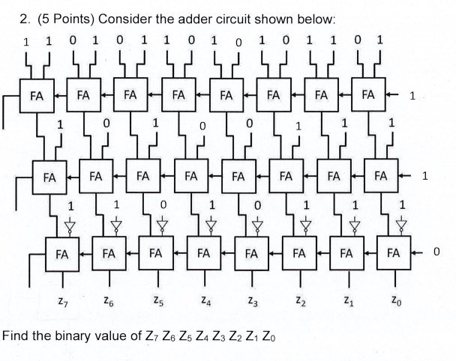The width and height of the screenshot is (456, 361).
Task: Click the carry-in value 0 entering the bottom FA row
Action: [436, 253]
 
